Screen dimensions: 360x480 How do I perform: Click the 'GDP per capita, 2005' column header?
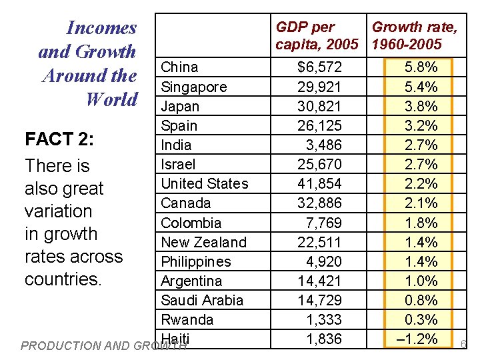coord(317,36)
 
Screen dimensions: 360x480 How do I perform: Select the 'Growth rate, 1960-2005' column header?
coord(414,36)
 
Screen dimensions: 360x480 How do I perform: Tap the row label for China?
coord(179,67)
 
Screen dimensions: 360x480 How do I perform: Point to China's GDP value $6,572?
coord(319,67)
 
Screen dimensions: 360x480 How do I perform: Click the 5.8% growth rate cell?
coord(421,67)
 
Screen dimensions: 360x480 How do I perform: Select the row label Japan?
coord(180,106)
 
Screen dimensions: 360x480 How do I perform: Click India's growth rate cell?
coord(421,145)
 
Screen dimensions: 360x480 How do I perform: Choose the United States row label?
coord(204,183)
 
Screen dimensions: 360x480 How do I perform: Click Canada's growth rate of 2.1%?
coord(421,203)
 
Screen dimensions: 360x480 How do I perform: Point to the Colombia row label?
coord(191,223)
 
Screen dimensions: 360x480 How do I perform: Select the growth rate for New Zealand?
coord(421,242)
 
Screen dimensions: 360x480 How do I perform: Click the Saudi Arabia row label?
coord(202,300)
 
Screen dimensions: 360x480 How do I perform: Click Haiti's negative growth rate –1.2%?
coord(417,339)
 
